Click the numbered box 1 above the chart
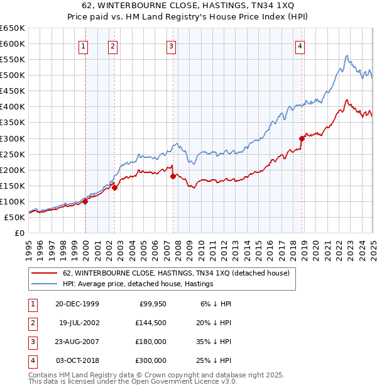(84, 45)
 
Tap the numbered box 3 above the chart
(172, 45)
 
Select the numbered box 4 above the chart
(300, 45)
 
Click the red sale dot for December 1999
(85, 201)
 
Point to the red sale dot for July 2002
(115, 187)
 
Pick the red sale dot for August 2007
(173, 176)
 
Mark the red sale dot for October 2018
(302, 138)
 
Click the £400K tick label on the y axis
(13, 107)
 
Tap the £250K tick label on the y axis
(13, 154)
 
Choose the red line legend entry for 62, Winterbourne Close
(176, 274)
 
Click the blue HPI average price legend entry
(138, 284)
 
